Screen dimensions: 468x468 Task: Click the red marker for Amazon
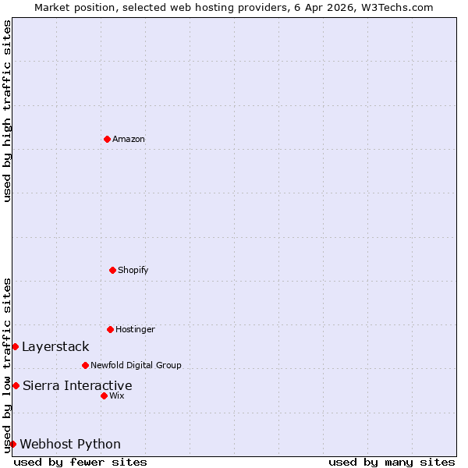tap(107, 139)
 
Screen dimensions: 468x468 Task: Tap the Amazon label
tap(129, 140)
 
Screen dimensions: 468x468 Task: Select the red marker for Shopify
tap(112, 270)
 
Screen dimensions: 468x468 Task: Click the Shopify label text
tap(133, 271)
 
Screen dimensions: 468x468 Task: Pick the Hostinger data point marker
tap(110, 329)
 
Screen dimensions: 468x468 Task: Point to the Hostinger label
tap(135, 330)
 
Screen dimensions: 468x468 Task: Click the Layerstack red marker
tap(15, 346)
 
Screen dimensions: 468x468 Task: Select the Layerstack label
tap(55, 347)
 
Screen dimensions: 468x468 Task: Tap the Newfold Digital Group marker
tap(85, 365)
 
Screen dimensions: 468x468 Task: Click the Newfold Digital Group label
tap(136, 365)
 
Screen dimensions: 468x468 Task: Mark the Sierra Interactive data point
tap(16, 385)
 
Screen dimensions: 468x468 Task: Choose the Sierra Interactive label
tap(77, 385)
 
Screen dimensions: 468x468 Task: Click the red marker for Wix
tap(104, 395)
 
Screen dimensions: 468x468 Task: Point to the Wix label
tap(117, 396)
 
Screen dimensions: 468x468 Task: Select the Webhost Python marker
tap(12, 444)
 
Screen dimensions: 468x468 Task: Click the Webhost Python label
tap(70, 445)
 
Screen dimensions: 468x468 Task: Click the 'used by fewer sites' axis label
tap(80, 462)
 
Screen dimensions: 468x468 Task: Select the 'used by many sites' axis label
tap(392, 462)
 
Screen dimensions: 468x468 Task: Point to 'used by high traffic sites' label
tap(7, 111)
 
